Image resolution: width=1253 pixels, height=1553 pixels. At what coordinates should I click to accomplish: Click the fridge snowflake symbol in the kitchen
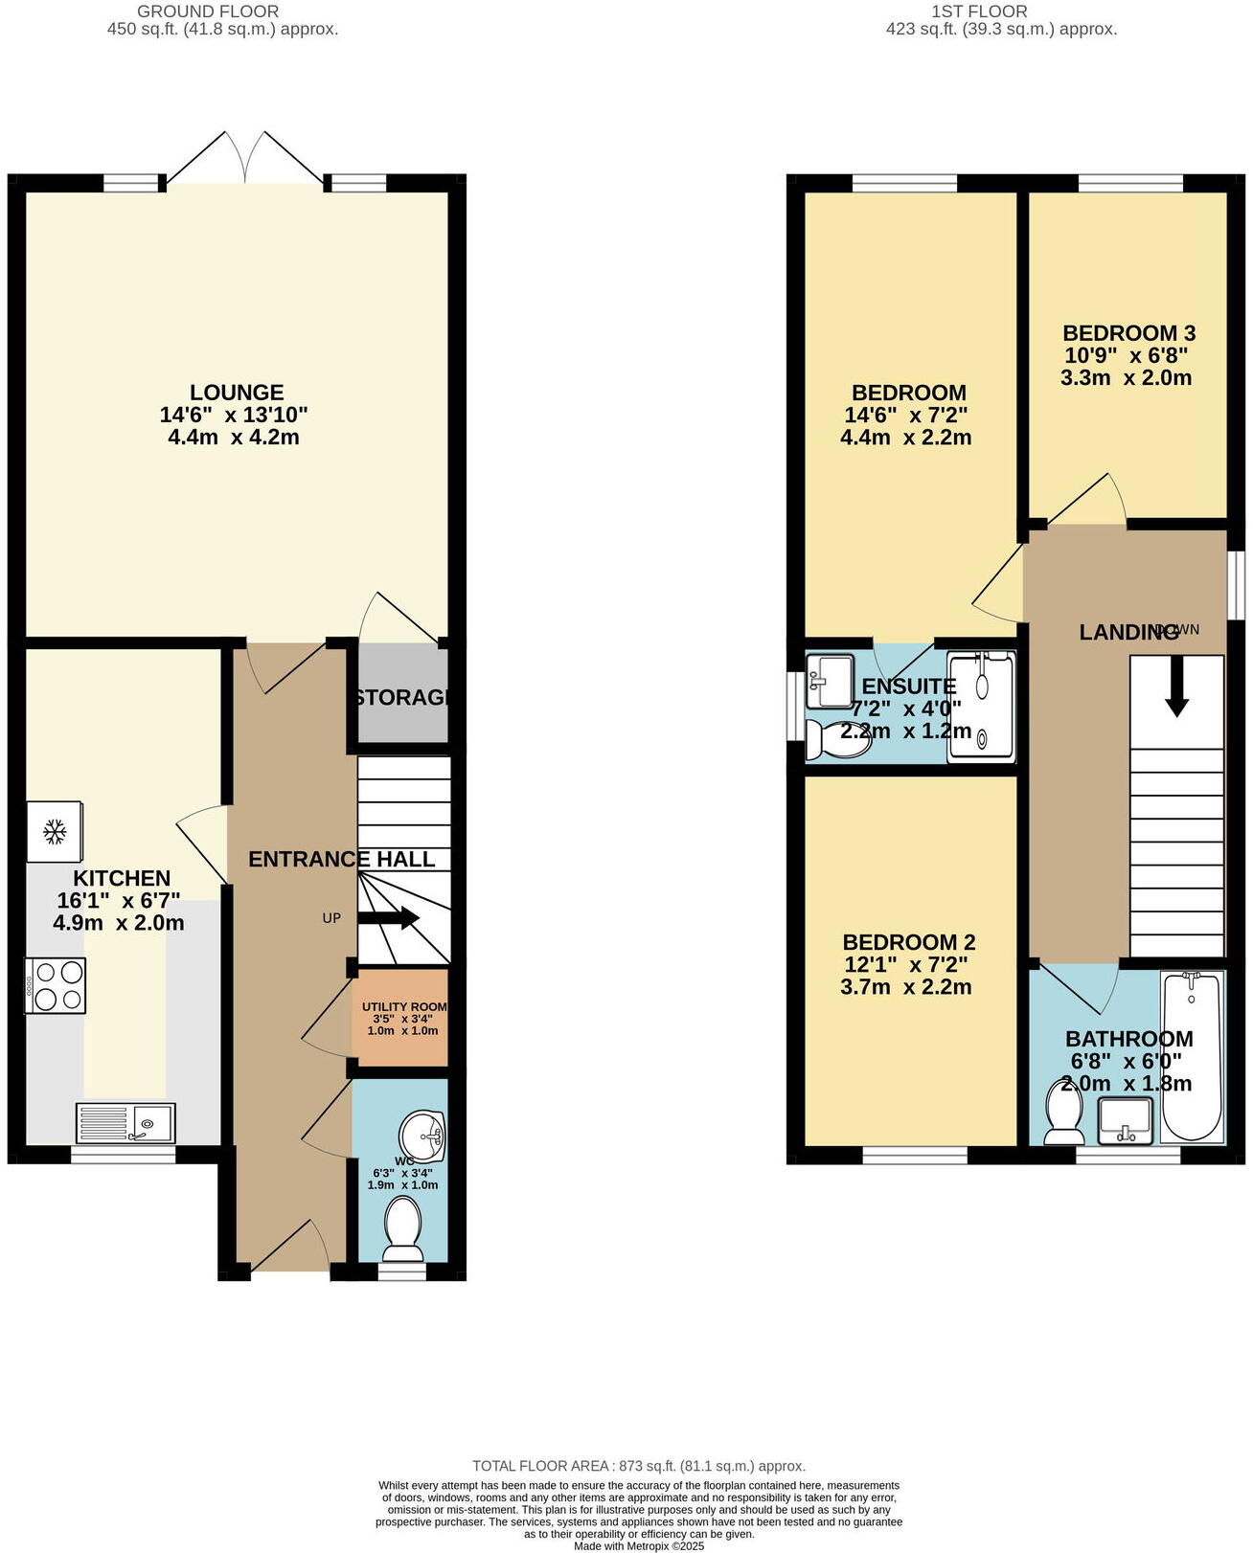coord(55,831)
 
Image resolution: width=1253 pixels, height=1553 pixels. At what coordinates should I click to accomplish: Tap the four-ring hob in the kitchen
coord(57,985)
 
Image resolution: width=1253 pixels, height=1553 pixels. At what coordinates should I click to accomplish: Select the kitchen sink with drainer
coord(125,1123)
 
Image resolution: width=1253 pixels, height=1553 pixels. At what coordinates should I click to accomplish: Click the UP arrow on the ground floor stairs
coord(389,918)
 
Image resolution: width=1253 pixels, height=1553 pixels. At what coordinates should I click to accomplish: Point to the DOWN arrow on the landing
coord(1176,686)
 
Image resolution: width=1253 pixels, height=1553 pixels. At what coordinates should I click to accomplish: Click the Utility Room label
coord(403,1007)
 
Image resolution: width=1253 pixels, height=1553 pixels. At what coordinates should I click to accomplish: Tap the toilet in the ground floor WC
coord(402,1231)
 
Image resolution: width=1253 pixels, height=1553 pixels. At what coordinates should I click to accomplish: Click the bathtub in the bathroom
coord(1192,1056)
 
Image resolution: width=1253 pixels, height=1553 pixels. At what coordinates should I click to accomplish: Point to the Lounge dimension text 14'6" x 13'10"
coord(234,416)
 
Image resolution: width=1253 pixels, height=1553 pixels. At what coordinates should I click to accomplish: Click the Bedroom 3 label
coord(1128,333)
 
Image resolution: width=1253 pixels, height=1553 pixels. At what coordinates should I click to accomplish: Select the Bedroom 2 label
coord(908,942)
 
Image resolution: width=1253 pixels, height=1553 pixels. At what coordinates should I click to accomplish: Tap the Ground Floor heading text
coord(208,11)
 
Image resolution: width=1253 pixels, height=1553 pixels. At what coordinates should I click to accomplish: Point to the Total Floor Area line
coord(638,1466)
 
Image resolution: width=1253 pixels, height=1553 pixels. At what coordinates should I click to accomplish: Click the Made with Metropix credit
coord(638,1545)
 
